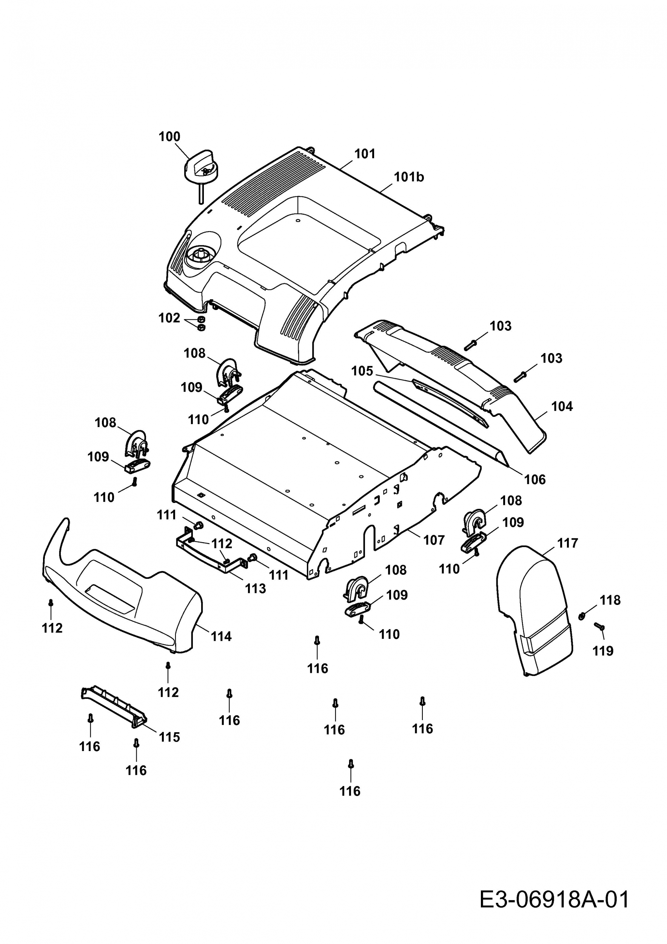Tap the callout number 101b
coord(409,177)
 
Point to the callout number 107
coord(434,540)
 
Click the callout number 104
coord(562,406)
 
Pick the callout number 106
coord(535,480)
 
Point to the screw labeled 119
coord(599,626)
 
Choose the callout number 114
coord(221,637)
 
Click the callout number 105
coord(362,371)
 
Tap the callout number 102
coord(169,318)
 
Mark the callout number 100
coord(169,136)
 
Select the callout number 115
coord(169,737)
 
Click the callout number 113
coord(255,588)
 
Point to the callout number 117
coord(568,543)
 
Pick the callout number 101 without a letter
coord(365,154)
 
